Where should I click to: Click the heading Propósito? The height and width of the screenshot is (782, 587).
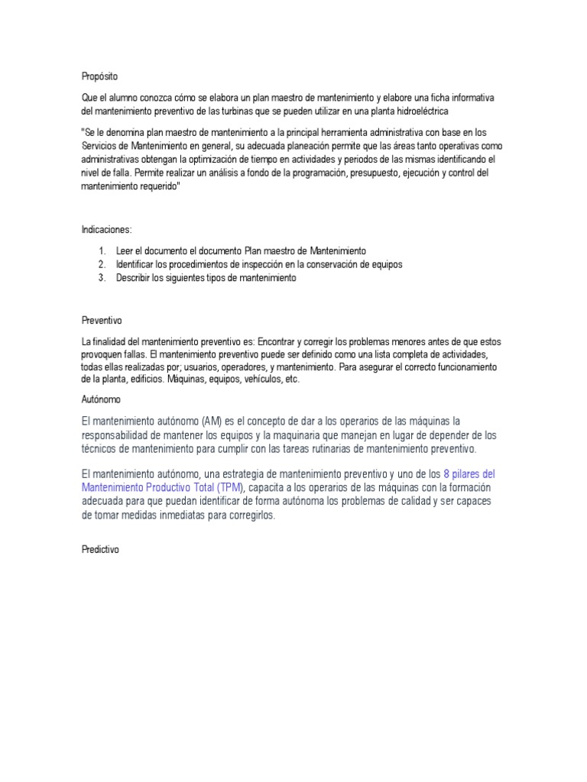[x=100, y=76]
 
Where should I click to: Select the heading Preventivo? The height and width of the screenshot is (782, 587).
[x=102, y=320]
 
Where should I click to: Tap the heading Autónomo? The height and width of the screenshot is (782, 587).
[x=101, y=399]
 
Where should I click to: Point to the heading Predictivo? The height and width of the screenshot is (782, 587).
[x=101, y=550]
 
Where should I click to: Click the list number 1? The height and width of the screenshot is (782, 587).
[x=102, y=250]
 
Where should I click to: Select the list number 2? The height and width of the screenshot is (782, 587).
[x=102, y=264]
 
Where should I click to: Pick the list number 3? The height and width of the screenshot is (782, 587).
[x=102, y=278]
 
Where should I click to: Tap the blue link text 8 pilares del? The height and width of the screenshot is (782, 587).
[x=469, y=473]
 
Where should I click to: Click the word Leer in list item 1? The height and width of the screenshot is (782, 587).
[x=125, y=250]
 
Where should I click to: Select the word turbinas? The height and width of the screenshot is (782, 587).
[x=232, y=111]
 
